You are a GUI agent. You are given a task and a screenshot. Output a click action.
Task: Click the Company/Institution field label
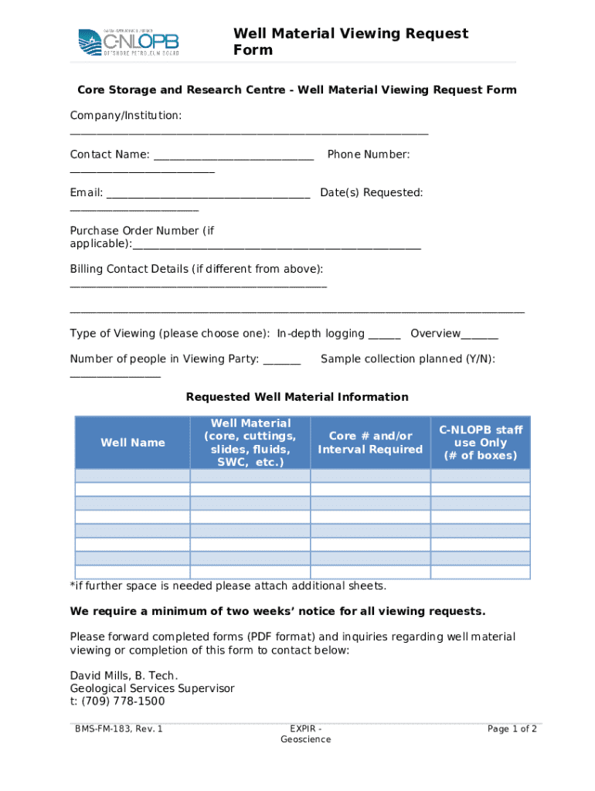[x=126, y=116]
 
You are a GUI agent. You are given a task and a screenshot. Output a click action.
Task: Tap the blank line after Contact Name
[x=233, y=158]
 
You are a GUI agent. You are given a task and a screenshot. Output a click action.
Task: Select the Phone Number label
[x=369, y=154]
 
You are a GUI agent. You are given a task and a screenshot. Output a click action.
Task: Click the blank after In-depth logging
[x=384, y=337]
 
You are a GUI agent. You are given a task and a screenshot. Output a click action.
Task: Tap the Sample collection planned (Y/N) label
[x=408, y=359]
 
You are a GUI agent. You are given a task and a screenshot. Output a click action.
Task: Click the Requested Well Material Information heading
[x=297, y=397]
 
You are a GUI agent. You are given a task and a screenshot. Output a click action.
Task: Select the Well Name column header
[x=133, y=443]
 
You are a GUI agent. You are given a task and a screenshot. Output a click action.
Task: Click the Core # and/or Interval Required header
[x=370, y=443]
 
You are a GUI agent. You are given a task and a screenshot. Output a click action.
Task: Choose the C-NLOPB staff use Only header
[x=481, y=443]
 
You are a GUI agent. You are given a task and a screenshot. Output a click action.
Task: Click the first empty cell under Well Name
[x=133, y=476]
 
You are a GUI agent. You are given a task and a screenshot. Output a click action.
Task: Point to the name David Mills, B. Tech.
[x=118, y=676]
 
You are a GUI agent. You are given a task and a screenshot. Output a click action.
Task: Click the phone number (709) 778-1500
[x=117, y=701]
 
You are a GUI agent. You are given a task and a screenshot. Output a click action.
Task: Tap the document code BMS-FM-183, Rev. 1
[x=119, y=728]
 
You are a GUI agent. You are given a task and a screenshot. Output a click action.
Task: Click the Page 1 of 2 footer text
[x=512, y=728]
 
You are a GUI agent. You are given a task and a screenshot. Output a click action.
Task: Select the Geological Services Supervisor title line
[x=152, y=688]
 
